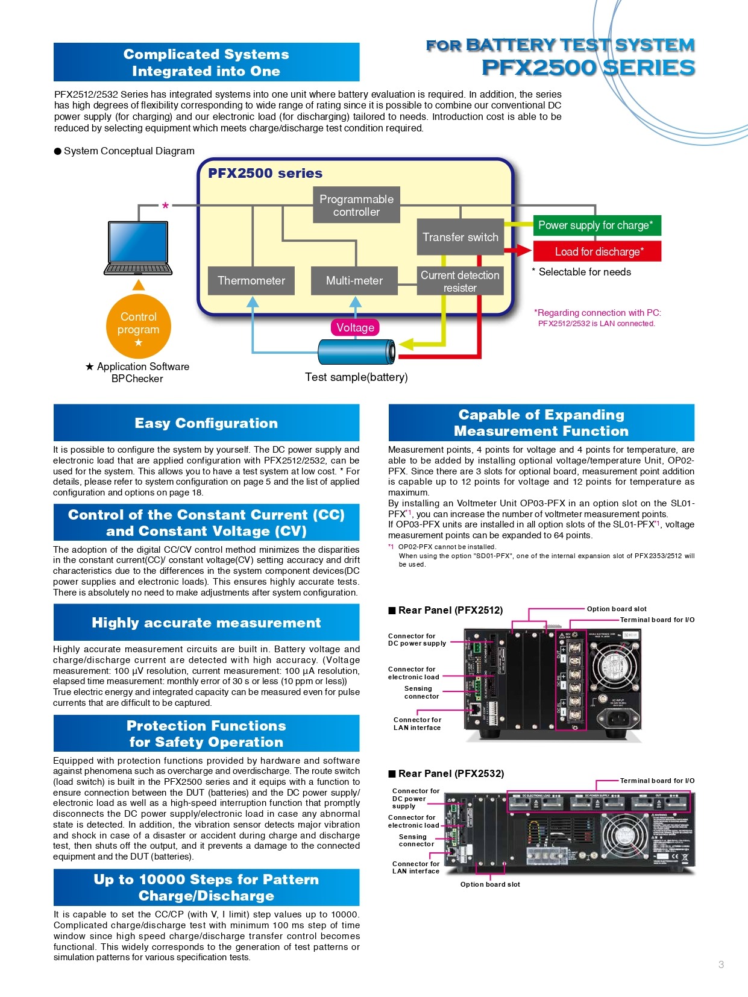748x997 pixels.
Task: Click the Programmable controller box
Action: (x=356, y=206)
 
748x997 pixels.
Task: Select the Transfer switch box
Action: (x=460, y=237)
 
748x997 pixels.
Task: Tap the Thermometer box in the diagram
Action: (x=251, y=280)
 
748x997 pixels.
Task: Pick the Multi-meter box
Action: (x=354, y=280)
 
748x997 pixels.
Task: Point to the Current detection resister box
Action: (x=460, y=281)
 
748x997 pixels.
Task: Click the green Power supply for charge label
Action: (x=597, y=225)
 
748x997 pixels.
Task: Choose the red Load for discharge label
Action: (x=597, y=251)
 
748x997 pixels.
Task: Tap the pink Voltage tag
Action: (x=355, y=327)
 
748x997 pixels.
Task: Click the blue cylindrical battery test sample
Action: (x=356, y=351)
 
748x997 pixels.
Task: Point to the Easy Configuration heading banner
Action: (x=206, y=423)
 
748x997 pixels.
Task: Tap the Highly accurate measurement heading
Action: (x=206, y=623)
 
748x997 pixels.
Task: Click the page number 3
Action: (x=721, y=964)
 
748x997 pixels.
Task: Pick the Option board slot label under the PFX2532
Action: (x=490, y=884)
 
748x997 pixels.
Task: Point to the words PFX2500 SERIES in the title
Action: (x=588, y=68)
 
